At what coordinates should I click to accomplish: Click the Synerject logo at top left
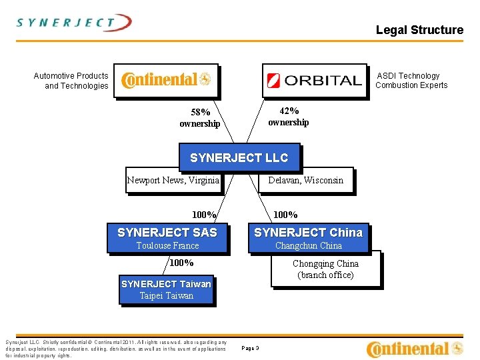tap(74, 23)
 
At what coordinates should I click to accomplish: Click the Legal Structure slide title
tap(419, 30)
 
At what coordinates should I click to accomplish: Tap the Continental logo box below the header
tap(166, 81)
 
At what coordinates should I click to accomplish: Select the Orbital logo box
tap(314, 81)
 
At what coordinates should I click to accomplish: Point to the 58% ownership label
tap(199, 118)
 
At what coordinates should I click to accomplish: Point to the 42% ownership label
tap(288, 117)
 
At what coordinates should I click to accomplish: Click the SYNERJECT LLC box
tap(239, 158)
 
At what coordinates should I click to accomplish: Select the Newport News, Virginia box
tap(173, 180)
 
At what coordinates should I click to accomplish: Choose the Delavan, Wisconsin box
tap(305, 180)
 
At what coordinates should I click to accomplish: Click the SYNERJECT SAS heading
tap(167, 233)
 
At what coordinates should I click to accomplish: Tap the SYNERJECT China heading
tap(309, 233)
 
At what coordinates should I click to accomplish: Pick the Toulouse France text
tap(167, 246)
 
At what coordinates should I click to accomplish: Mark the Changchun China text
tap(309, 246)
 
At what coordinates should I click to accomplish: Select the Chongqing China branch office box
tap(326, 269)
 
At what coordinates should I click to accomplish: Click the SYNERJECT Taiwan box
tap(167, 290)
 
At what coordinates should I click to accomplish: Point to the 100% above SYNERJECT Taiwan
tap(181, 263)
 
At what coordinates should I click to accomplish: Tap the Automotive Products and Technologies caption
tap(71, 81)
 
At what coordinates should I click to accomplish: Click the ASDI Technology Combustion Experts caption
tap(411, 81)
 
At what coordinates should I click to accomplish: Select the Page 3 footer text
tap(251, 348)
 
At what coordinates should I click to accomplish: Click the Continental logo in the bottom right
tap(415, 349)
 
